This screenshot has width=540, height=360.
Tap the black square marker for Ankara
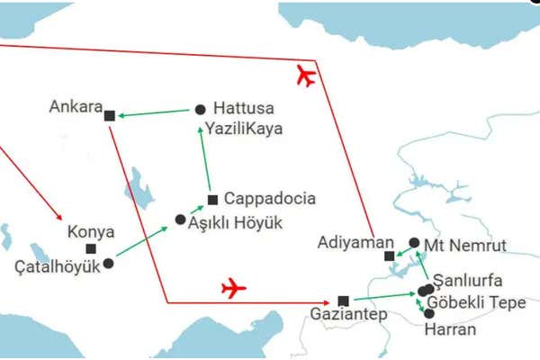[x=110, y=115]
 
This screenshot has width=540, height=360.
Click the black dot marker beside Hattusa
[x=200, y=110]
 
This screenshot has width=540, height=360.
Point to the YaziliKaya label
[x=243, y=129]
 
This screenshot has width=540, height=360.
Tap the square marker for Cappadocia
[x=212, y=199]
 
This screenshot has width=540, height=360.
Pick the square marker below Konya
[x=91, y=248]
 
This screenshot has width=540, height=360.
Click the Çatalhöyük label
[x=56, y=266]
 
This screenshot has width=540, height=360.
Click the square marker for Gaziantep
[x=343, y=301]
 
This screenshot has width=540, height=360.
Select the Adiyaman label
[x=356, y=242]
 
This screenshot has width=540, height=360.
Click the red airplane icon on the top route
[x=306, y=76]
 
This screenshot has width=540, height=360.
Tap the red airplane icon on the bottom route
[x=233, y=288]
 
